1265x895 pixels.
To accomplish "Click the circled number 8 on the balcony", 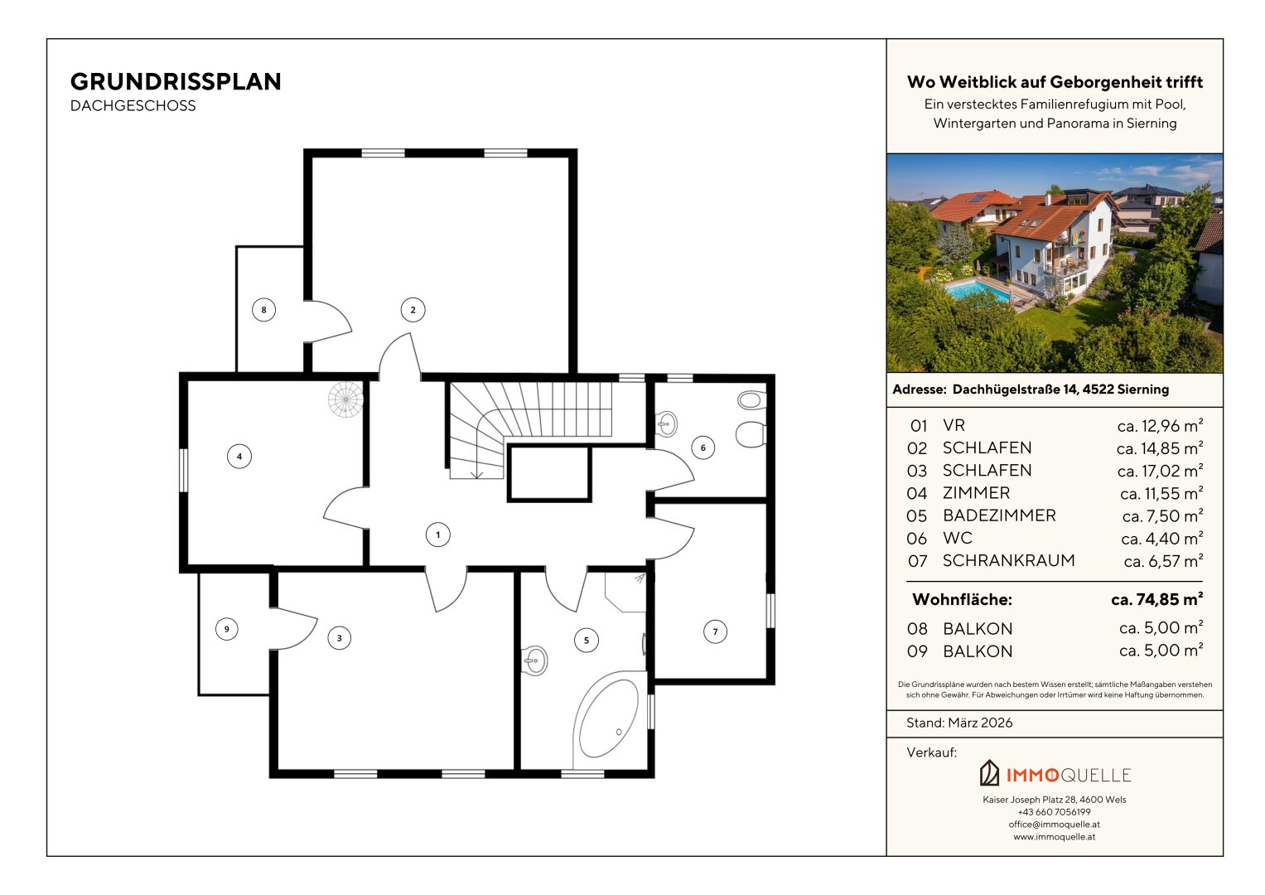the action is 263,310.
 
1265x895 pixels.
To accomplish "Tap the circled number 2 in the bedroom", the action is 413,310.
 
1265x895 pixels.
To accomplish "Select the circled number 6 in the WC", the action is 703,447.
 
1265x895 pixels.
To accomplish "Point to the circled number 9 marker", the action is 226,629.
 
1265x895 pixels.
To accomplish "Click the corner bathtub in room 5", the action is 609,718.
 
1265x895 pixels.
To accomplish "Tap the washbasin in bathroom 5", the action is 535,660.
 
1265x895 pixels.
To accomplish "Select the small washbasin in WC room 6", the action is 666,423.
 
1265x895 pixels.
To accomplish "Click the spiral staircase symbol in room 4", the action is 345,399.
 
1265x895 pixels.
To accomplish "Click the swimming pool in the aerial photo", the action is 977,292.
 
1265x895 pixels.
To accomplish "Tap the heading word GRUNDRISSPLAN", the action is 176,82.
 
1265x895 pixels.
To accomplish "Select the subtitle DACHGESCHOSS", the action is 133,106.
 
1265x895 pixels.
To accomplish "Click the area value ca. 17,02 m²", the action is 1160,470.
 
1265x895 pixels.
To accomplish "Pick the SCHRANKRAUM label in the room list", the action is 1009,560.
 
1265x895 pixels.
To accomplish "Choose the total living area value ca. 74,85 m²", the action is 1157,599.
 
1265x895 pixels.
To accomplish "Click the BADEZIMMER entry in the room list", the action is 999,515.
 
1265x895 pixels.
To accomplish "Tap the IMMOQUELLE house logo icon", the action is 989,773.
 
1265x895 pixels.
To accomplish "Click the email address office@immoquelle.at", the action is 1055,825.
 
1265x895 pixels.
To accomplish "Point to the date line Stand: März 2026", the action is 959,723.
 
